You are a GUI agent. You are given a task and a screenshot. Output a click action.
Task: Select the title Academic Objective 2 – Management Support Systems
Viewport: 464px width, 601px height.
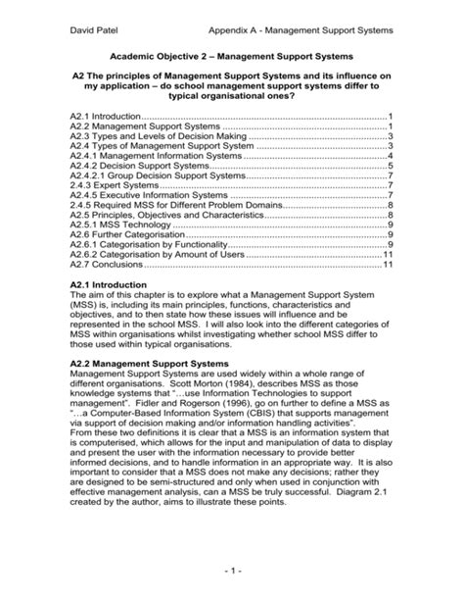pyautogui.click(x=231, y=57)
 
